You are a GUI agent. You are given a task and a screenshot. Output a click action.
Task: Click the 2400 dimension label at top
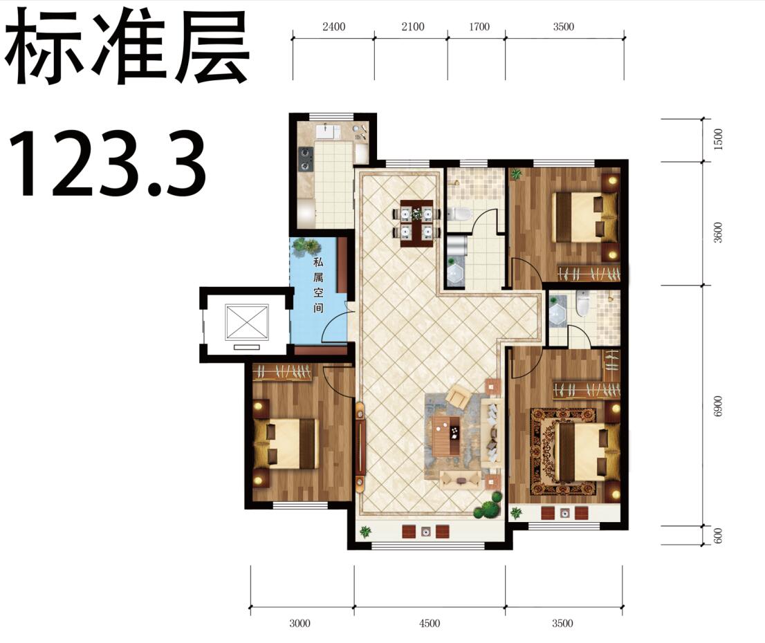pyautogui.click(x=333, y=27)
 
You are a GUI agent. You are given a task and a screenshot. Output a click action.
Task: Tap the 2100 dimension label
pyautogui.click(x=413, y=27)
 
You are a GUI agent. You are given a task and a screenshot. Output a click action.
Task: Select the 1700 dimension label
pyautogui.click(x=479, y=27)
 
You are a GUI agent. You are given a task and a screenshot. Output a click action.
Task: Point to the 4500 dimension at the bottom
pyautogui.click(x=430, y=623)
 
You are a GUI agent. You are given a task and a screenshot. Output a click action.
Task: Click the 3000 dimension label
pyautogui.click(x=299, y=623)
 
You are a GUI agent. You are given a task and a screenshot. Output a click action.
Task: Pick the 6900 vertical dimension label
pyautogui.click(x=717, y=406)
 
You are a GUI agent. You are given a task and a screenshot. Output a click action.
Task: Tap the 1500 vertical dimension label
pyautogui.click(x=718, y=140)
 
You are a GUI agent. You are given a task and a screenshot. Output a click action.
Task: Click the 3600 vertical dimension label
pyautogui.click(x=717, y=232)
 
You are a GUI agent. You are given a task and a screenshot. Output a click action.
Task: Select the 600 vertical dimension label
pyautogui.click(x=717, y=536)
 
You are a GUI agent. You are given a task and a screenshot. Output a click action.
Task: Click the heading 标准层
pyautogui.click(x=127, y=46)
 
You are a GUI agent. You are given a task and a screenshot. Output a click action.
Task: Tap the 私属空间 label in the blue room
pyautogui.click(x=319, y=285)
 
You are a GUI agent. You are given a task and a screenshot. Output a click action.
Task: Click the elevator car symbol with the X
pyautogui.click(x=247, y=322)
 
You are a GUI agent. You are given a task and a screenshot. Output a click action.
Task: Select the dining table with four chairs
pyautogui.click(x=417, y=223)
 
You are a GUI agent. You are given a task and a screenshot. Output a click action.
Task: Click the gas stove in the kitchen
pyautogui.click(x=306, y=160)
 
